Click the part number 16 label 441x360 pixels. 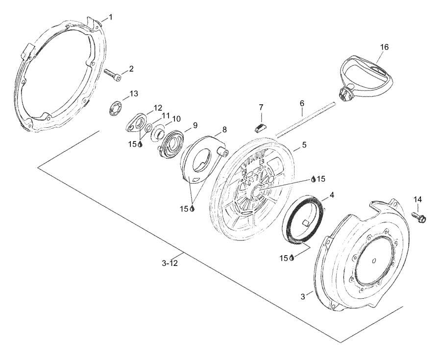384,47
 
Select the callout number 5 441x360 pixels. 304,145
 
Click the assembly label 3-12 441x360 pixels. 170,264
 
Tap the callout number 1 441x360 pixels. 111,17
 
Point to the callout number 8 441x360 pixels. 224,130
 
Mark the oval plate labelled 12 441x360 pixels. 133,123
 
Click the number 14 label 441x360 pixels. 417,199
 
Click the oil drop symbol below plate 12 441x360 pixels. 140,144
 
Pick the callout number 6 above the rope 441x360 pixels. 302,103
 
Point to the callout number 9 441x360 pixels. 195,125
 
